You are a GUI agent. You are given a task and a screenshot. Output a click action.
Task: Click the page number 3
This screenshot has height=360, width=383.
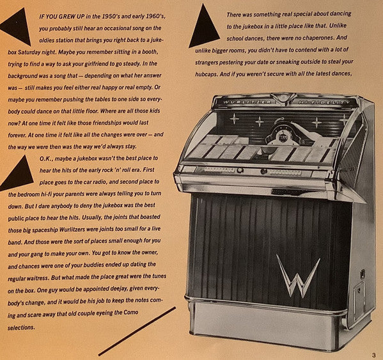(373, 355)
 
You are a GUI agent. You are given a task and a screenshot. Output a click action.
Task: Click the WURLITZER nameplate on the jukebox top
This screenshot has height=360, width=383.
(247, 102)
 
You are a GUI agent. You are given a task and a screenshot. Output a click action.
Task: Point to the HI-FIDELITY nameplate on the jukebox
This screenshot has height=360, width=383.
(324, 102)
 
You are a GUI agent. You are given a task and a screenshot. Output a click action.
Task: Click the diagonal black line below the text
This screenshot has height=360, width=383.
(137, 331)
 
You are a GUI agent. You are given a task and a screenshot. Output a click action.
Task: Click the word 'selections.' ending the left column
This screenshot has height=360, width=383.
(21, 327)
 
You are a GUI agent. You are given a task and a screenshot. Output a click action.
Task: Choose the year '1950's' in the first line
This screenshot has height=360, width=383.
(111, 17)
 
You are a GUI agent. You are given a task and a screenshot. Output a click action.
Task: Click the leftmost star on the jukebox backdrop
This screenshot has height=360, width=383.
(234, 119)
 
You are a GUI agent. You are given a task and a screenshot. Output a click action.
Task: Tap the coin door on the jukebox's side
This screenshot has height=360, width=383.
(358, 301)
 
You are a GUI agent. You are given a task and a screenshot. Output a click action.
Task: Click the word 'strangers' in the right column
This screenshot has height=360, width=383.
(207, 62)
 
